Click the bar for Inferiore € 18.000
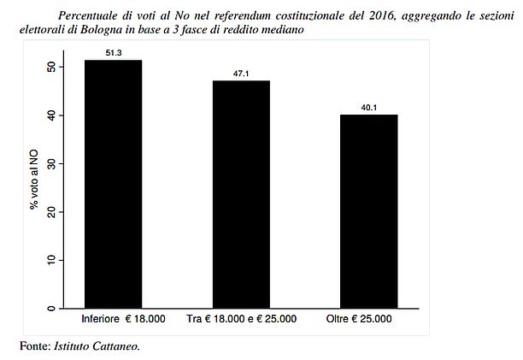[x=113, y=184]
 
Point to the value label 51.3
[x=113, y=54]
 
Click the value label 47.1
[x=241, y=74]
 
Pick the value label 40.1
[x=369, y=108]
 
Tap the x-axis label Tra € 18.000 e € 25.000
[x=241, y=321]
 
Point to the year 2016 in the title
[x=364, y=15]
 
